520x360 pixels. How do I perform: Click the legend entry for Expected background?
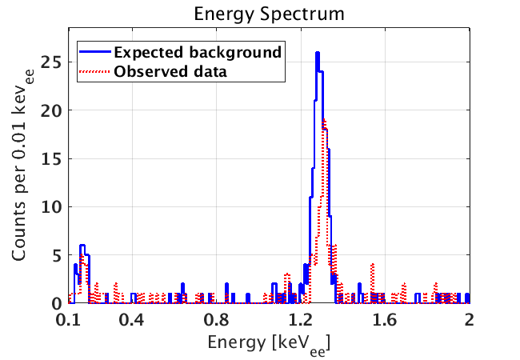click(198, 52)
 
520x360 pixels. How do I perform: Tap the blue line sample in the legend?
click(94, 52)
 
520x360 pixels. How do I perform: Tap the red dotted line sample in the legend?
click(94, 70)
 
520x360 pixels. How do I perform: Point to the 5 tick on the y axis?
click(55, 256)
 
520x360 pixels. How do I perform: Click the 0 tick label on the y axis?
click(55, 304)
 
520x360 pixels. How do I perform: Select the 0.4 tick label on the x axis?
click(132, 320)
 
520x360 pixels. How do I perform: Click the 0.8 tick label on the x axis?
click(216, 320)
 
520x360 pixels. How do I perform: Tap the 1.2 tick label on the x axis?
click(301, 320)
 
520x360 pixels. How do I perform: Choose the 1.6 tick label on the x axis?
click(385, 320)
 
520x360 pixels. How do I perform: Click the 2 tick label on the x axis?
click(469, 320)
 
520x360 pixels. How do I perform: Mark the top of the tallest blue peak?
click(318, 53)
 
